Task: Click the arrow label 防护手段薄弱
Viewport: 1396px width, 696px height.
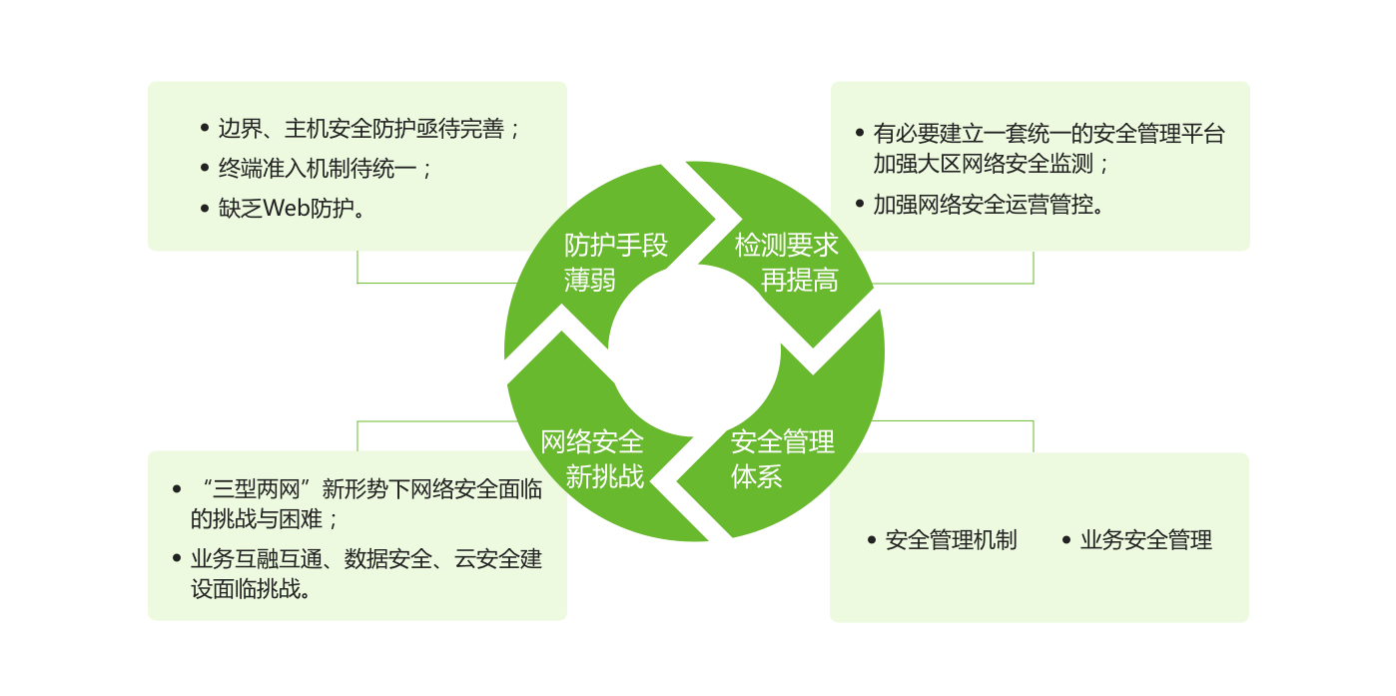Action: coord(615,262)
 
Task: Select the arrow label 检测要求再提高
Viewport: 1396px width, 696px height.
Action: coord(787,262)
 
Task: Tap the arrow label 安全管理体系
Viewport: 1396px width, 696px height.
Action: coord(782,458)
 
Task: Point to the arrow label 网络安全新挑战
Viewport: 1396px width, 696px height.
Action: coord(592,458)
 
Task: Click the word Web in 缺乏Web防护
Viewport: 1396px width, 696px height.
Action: coord(288,209)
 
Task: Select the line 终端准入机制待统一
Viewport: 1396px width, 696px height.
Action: coord(325,168)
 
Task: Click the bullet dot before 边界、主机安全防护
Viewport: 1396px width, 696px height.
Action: coord(206,129)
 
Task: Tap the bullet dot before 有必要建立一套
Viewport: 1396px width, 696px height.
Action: coord(861,133)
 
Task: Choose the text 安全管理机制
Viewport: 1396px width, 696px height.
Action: coord(951,540)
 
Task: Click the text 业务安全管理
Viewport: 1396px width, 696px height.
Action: coord(1145,540)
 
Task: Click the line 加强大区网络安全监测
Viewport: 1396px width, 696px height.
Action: coord(991,163)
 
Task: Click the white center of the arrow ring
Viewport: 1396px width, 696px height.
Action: coord(694,352)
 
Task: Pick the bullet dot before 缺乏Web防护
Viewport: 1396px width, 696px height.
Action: coord(206,209)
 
